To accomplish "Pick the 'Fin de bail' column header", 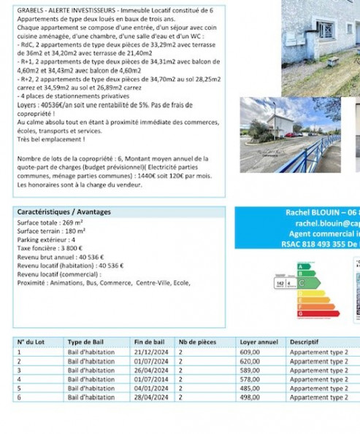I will click(150, 341).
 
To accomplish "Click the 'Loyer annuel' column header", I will click(258, 341).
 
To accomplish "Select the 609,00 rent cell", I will click(250, 351).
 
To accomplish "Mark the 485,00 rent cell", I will click(250, 389).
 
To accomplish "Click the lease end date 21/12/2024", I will click(148, 351).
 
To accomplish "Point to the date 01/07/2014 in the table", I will click(148, 379).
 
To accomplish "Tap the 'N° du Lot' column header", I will click(31, 341).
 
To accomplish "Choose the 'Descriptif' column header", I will click(305, 341).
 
